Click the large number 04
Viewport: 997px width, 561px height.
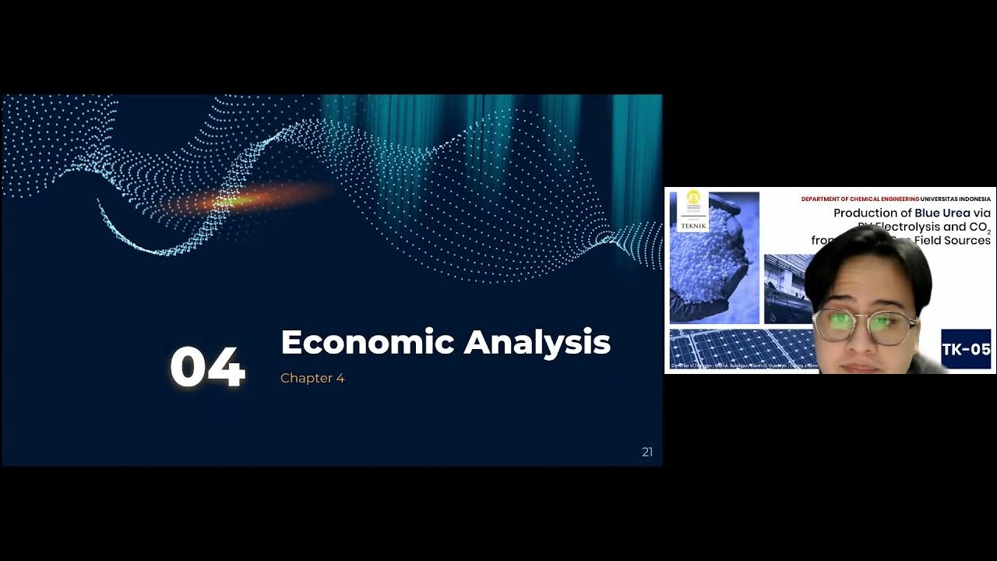pos(207,367)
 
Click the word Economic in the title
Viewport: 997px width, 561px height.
pos(367,342)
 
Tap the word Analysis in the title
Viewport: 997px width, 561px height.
pos(537,342)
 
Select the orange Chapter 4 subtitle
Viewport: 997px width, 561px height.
pos(312,378)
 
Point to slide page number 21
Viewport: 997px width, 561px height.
pos(647,452)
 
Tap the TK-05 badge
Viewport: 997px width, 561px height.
pos(966,349)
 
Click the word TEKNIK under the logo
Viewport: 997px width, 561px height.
pos(693,226)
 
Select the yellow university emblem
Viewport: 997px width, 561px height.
pos(693,199)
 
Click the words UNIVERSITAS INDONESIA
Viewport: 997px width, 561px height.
pos(956,199)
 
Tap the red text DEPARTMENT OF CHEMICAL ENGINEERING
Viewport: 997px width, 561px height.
pos(860,199)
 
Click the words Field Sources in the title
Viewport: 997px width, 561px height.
pos(957,240)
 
